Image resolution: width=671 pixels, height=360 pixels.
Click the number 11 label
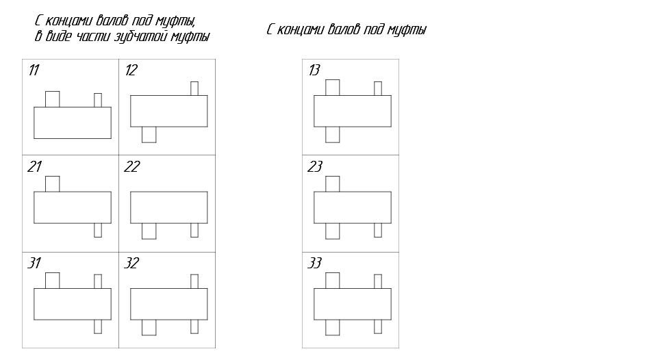click(x=34, y=70)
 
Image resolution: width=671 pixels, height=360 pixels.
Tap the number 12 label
click(x=131, y=70)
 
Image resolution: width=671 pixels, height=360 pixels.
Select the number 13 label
click(x=314, y=70)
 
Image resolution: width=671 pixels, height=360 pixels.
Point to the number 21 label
click(x=35, y=166)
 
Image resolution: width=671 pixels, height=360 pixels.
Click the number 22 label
click(x=131, y=166)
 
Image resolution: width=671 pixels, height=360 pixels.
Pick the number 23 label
click(x=315, y=166)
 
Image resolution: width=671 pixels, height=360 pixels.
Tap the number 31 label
click(x=35, y=263)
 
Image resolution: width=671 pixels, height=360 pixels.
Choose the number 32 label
click(x=131, y=263)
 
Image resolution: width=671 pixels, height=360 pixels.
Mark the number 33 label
click(x=315, y=263)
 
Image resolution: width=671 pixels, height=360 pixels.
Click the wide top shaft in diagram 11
click(x=52, y=99)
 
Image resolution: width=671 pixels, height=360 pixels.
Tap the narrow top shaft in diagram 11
click(x=98, y=101)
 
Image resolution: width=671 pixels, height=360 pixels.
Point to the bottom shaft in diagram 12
click(x=149, y=135)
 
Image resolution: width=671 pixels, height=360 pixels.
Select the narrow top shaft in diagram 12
click(x=194, y=88)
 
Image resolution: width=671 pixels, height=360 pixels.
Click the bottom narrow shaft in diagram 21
click(x=98, y=230)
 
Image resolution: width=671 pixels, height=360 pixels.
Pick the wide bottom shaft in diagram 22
click(x=149, y=231)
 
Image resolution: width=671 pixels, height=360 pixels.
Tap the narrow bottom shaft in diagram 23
click(x=378, y=230)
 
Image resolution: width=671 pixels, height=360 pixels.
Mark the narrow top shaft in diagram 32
click(x=194, y=281)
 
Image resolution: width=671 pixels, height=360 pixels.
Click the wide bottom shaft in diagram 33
click(x=333, y=328)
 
